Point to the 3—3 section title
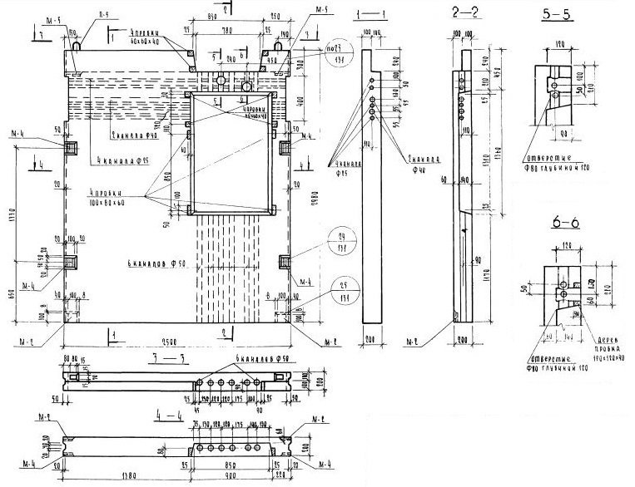[167, 357]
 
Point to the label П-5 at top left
[102, 14]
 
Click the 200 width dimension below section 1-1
[372, 340]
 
